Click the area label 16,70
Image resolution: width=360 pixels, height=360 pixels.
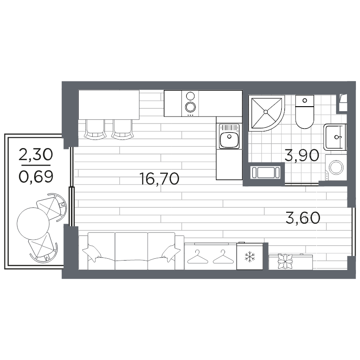159,179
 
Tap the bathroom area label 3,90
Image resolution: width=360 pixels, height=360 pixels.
301,155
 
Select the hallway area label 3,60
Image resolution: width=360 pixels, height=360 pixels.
303,218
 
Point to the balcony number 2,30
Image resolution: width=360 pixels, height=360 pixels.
36,154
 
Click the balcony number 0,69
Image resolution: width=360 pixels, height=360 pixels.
36,177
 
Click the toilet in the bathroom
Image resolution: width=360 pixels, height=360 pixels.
305,112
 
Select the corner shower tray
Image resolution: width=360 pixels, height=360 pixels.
266,113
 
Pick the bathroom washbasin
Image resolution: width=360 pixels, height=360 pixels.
335,137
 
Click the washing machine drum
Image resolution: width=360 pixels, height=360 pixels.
336,167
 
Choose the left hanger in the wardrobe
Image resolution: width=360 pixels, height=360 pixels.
198,257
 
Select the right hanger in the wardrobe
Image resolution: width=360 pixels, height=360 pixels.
223,257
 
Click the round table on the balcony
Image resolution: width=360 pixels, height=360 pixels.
33,224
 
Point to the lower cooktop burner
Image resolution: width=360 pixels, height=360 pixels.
190,107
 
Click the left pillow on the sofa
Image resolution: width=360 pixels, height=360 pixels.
92,253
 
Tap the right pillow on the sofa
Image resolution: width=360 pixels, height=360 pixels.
171,253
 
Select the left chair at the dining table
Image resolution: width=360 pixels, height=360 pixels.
95,130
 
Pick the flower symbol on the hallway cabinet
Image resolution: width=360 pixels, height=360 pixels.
285,261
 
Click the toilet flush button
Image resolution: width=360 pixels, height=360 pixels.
305,100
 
